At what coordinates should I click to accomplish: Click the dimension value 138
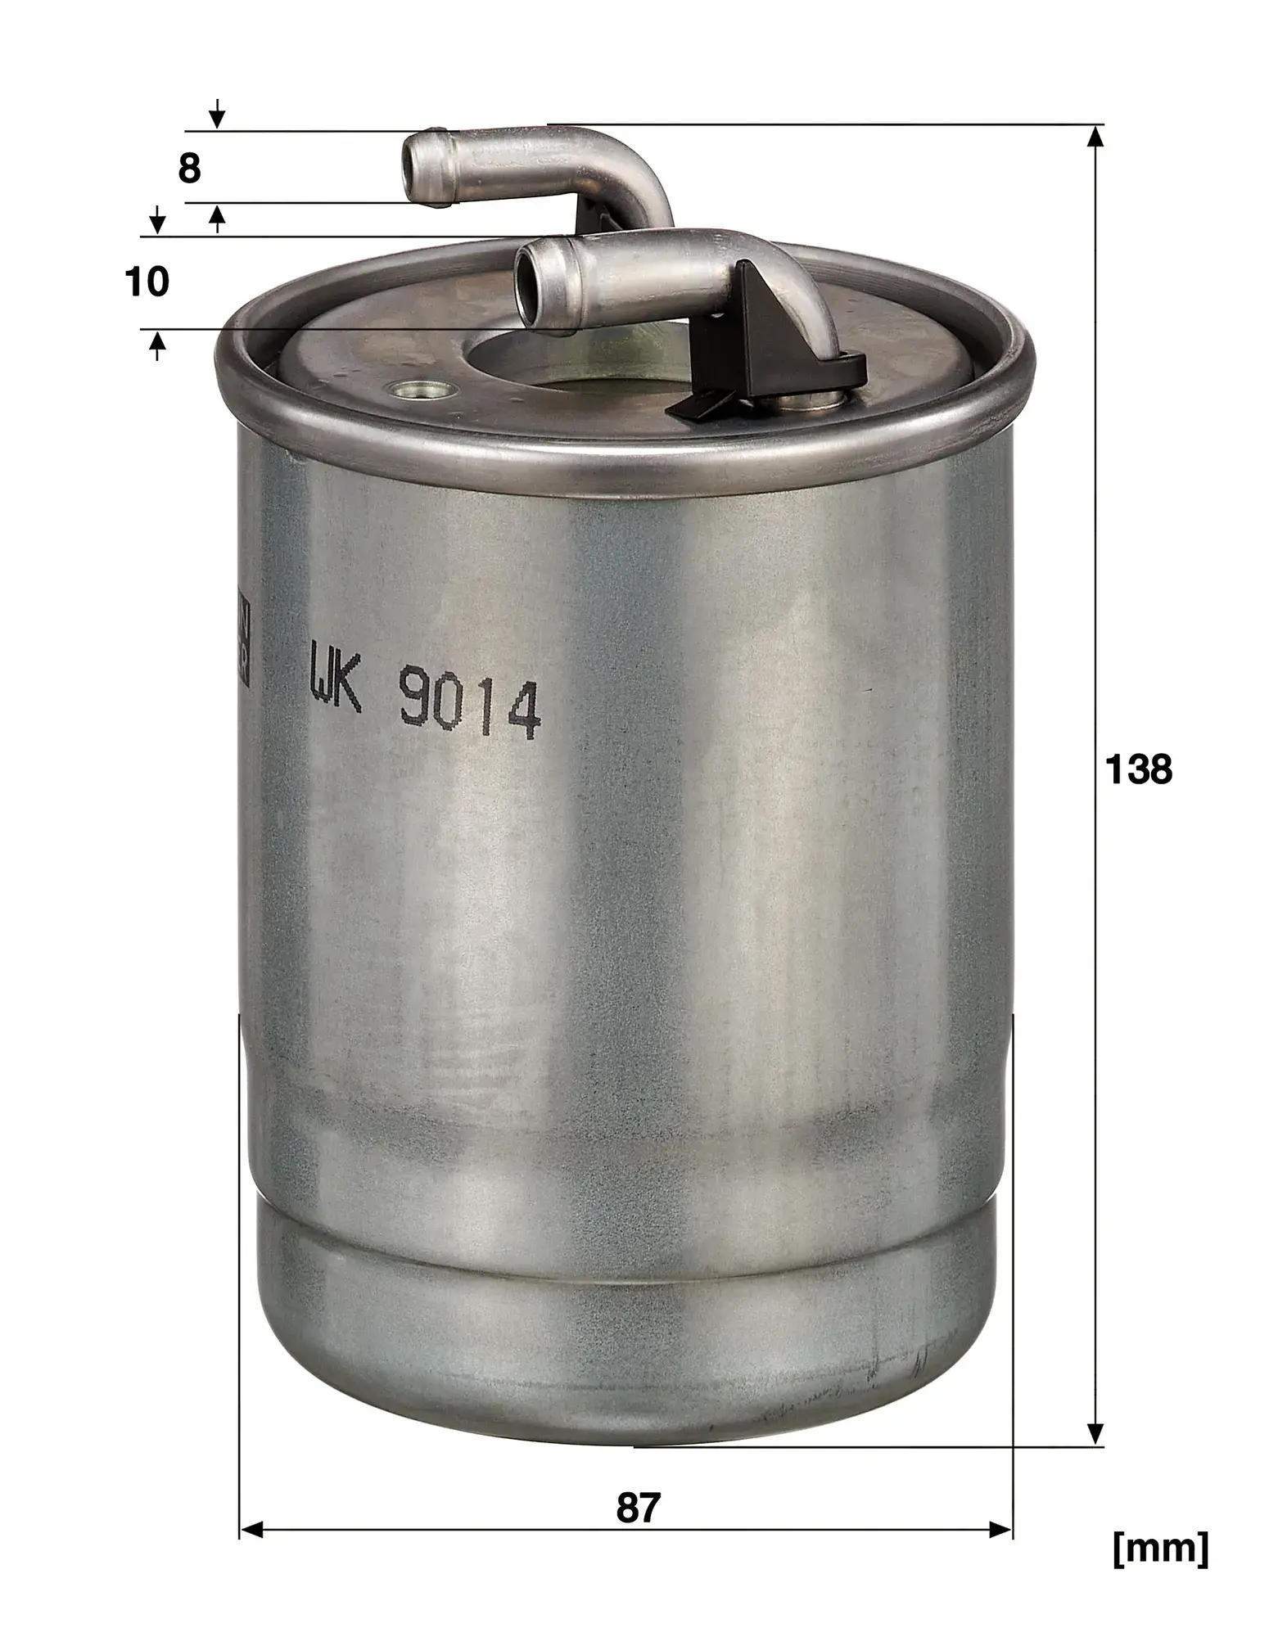coord(1138,770)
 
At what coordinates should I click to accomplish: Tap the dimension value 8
coord(189,169)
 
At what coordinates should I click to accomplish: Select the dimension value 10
coord(147,282)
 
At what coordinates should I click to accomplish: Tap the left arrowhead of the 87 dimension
coord(251,1529)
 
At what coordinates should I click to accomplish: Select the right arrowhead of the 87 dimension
coord(1001,1529)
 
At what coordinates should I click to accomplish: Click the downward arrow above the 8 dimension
coord(217,116)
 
